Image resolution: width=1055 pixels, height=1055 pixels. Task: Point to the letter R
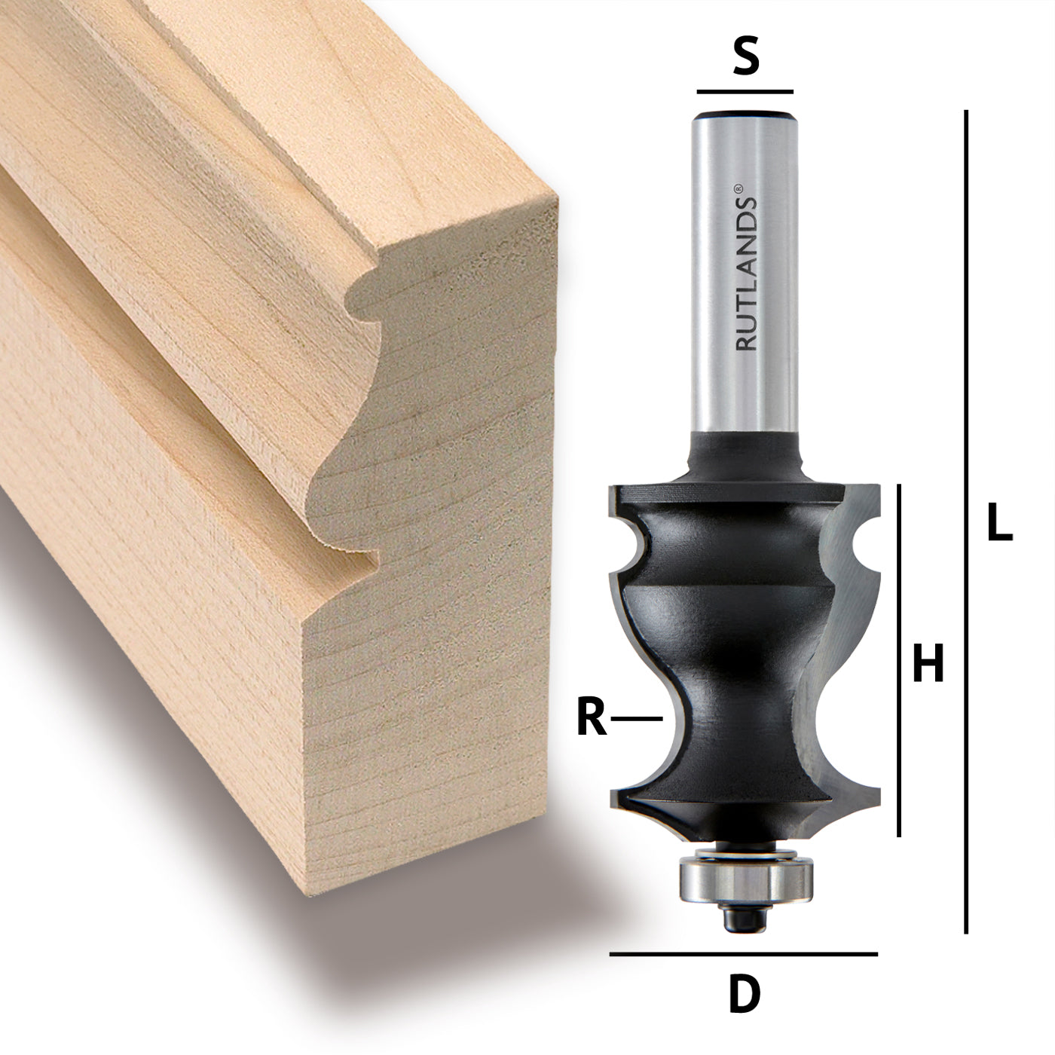click(x=592, y=719)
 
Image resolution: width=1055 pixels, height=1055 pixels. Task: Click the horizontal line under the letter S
click(x=745, y=91)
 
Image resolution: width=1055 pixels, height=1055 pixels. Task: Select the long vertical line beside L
click(x=965, y=520)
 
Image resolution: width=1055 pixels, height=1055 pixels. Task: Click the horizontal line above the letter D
click(x=743, y=954)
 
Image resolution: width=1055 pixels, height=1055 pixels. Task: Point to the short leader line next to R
click(x=636, y=720)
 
